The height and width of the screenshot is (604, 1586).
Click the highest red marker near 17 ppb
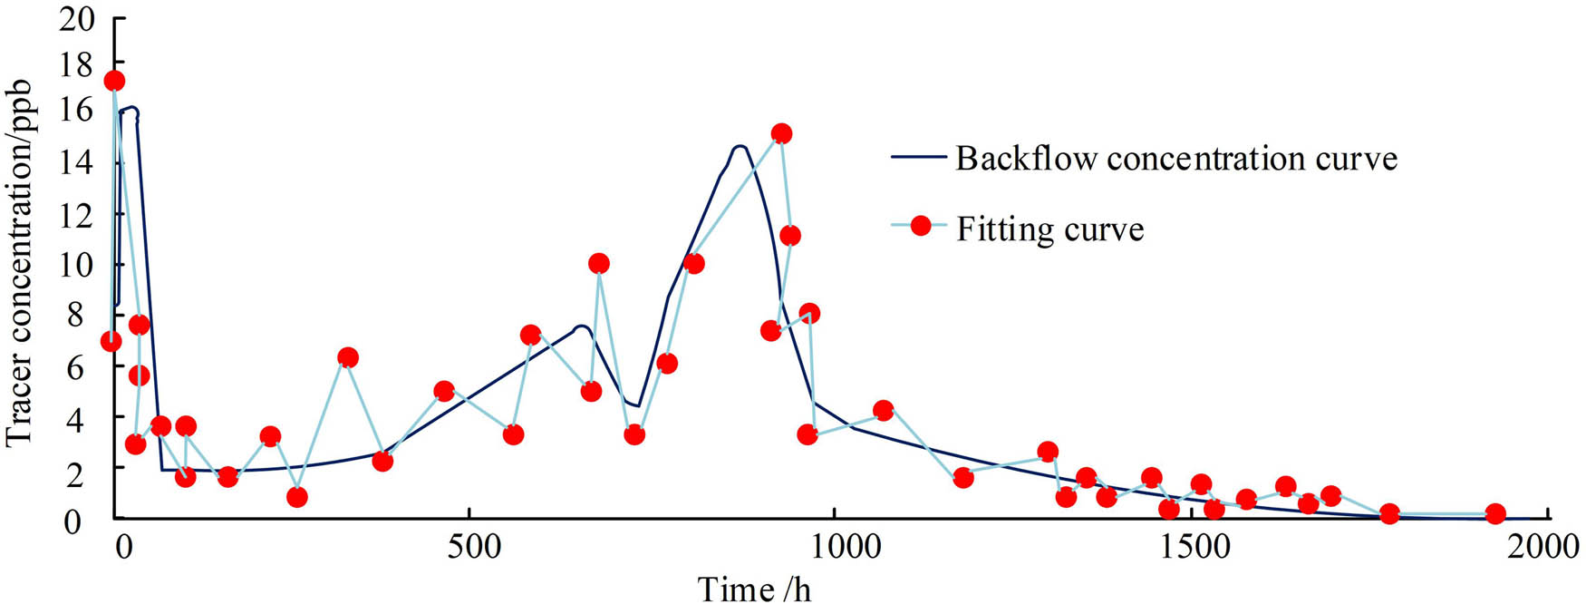coord(114,81)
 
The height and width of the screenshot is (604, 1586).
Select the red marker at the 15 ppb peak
coord(781,133)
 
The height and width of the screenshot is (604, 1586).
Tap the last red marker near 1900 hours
coord(1495,514)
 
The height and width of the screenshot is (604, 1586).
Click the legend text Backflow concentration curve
coord(1175,159)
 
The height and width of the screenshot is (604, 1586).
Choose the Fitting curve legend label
coord(1049,229)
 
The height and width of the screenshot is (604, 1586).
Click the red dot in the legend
coord(921,226)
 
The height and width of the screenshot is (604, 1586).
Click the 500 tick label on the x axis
coord(469,547)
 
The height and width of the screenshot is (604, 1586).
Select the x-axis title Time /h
coord(754,589)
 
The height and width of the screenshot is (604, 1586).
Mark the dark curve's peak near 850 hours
coord(740,146)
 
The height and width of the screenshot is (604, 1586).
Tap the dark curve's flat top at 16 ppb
coord(129,109)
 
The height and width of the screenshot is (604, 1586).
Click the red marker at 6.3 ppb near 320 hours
coord(347,357)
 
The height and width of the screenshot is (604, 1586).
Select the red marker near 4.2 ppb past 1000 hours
coord(884,410)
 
